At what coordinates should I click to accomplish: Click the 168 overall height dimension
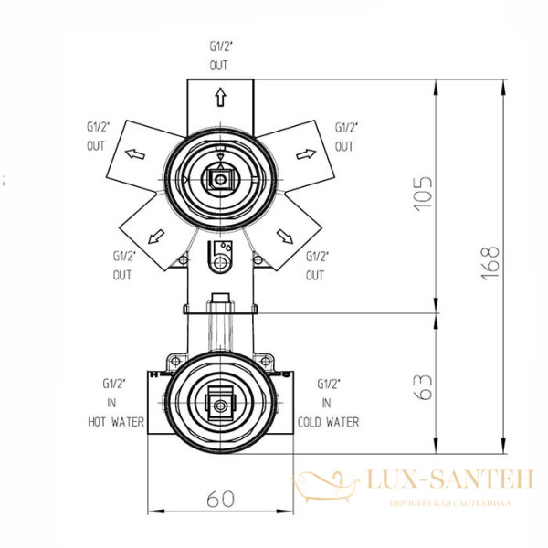tap(490, 263)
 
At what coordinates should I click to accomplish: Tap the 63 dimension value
tap(423, 387)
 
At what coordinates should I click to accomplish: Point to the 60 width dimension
tap(220, 499)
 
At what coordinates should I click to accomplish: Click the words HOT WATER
tap(116, 422)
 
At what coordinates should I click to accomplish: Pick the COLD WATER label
tap(328, 422)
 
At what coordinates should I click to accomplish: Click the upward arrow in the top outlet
tap(220, 97)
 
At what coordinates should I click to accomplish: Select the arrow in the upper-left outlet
tap(135, 153)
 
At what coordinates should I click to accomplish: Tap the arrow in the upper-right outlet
tap(306, 153)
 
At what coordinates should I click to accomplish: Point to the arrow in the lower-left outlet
tap(156, 237)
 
